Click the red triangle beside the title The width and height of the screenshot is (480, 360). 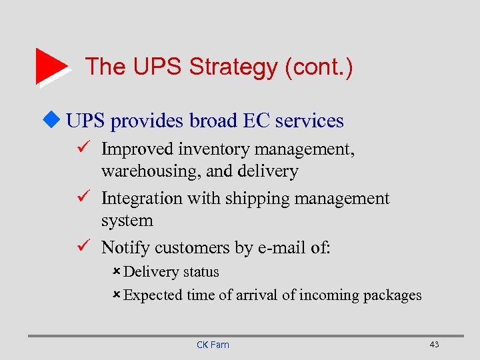click(x=50, y=66)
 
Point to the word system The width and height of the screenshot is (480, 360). click(x=127, y=221)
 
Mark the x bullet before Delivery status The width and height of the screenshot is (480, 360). click(x=117, y=272)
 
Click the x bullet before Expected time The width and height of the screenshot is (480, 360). click(x=117, y=295)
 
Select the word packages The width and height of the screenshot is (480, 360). click(x=392, y=295)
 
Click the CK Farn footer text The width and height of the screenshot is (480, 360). click(x=213, y=345)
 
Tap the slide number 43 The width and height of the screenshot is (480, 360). click(x=434, y=344)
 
